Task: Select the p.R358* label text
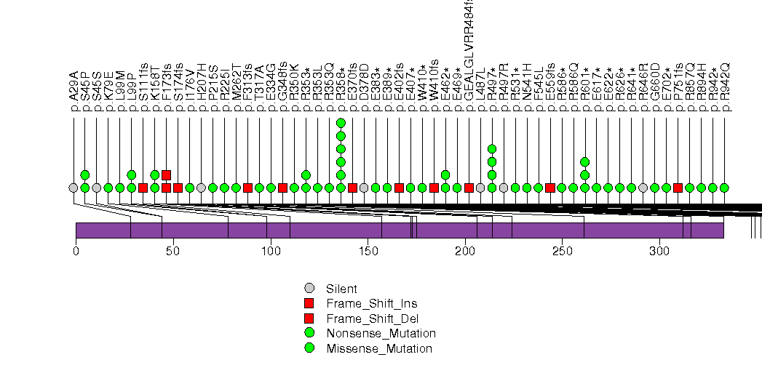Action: click(341, 88)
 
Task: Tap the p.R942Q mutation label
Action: click(725, 88)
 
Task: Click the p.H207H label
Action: click(202, 88)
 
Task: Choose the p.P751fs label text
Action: click(678, 88)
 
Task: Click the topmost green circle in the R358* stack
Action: click(341, 123)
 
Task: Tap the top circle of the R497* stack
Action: click(492, 149)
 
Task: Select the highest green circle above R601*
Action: click(585, 162)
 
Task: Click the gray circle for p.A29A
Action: click(73, 188)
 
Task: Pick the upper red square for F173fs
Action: click(166, 175)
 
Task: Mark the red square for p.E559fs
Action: click(550, 188)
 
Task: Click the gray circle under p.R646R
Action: click(643, 188)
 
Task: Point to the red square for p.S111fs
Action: click(143, 188)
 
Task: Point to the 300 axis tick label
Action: click(659, 251)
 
